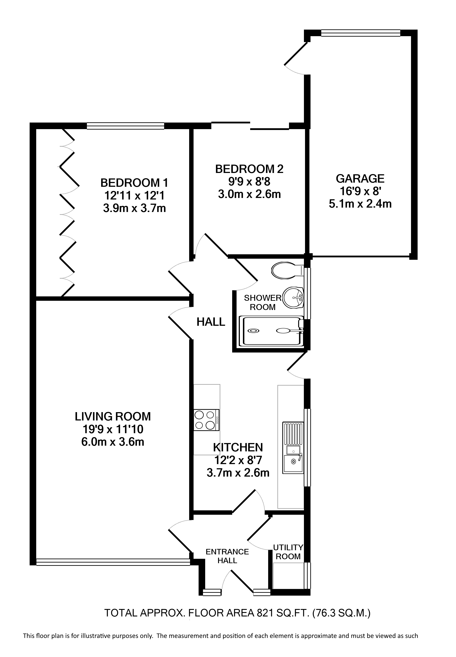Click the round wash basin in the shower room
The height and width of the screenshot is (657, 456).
click(x=293, y=298)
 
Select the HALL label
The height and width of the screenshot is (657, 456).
click(x=211, y=322)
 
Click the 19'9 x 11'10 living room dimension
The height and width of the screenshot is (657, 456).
click(x=113, y=429)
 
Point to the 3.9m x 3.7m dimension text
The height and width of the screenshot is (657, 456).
click(x=134, y=208)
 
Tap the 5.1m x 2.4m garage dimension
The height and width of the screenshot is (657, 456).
click(x=360, y=204)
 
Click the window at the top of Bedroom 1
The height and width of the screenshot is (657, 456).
click(x=126, y=126)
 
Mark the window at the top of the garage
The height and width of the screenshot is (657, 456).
click(x=361, y=33)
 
